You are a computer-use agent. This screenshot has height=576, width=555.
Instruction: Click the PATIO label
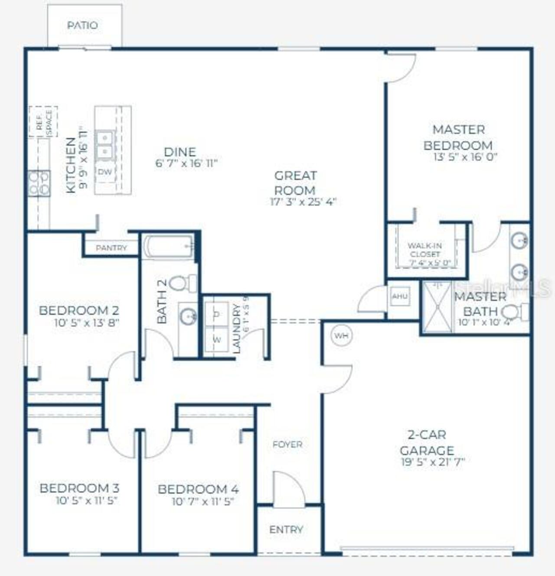point(82,26)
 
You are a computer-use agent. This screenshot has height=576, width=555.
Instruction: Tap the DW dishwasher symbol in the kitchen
point(104,172)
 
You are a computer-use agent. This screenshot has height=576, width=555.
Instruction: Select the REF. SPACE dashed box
point(43,122)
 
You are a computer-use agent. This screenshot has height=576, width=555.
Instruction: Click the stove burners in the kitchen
point(39,183)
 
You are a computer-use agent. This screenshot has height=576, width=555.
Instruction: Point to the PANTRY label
point(111,248)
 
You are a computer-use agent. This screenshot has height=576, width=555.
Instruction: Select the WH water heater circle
point(341,335)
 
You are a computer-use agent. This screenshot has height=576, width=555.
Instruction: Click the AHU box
point(399,296)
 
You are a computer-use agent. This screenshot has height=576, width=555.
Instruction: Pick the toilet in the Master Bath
point(515,312)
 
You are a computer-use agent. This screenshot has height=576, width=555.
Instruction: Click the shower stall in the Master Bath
point(437,307)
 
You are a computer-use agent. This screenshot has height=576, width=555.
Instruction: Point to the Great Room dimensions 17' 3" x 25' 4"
point(303,202)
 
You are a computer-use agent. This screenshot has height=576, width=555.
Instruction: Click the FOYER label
point(287,444)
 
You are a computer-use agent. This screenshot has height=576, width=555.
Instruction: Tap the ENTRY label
point(286,530)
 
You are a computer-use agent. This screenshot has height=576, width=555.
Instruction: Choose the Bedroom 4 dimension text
point(203,502)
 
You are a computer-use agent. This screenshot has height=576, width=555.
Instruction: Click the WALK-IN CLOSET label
point(425,250)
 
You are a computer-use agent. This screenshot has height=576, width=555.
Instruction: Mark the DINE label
point(180,152)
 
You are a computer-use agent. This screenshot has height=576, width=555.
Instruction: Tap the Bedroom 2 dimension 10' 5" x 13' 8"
point(87,322)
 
